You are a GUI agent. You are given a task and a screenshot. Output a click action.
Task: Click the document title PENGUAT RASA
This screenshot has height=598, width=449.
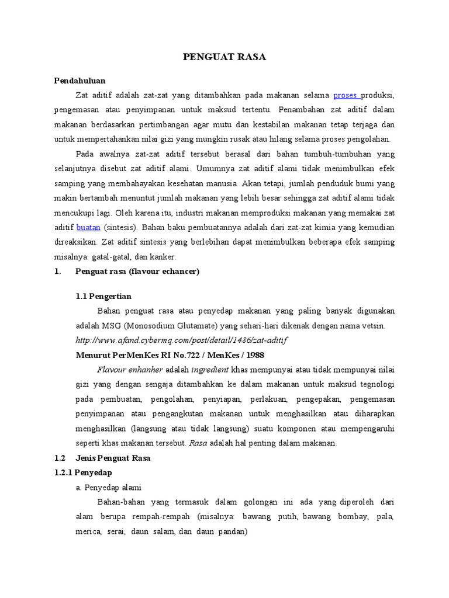(224, 57)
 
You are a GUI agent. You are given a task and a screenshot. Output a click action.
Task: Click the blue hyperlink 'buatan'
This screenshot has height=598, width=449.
(89, 227)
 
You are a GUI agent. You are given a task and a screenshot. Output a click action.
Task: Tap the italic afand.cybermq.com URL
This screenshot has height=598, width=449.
(182, 339)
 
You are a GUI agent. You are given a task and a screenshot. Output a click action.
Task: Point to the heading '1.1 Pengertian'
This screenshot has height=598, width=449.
(103, 296)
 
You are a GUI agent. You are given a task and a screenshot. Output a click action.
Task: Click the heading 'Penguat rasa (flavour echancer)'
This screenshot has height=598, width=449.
(137, 271)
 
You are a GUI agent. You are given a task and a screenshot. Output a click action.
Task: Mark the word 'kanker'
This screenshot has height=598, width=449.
(170, 256)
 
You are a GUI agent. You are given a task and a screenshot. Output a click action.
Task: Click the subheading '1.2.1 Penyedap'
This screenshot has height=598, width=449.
(82, 472)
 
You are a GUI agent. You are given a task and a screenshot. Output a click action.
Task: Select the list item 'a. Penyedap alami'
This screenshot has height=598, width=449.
(112, 487)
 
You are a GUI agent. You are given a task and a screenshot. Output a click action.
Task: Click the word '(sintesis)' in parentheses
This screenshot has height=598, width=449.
(120, 227)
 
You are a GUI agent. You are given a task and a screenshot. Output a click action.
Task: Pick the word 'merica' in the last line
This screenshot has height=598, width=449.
(88, 531)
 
